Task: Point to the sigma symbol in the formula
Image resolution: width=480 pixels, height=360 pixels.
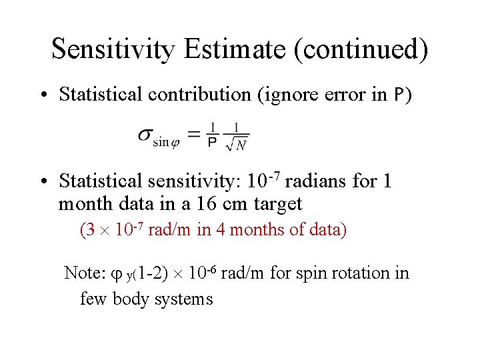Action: coord(145,134)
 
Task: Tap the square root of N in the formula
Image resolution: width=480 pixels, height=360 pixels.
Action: coord(237,144)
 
